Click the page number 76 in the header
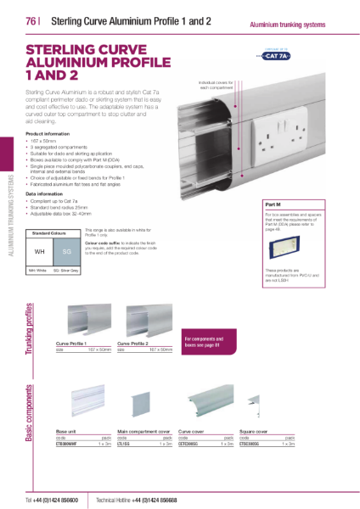point(32,22)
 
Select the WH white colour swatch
point(40,252)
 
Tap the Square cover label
point(254,432)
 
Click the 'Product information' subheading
point(48,134)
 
